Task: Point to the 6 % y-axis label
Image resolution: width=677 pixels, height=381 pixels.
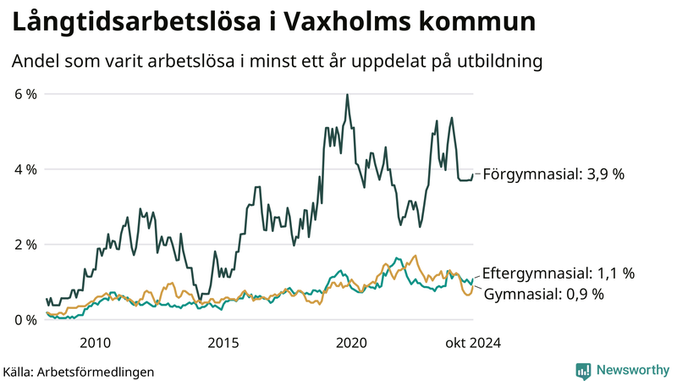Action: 25,94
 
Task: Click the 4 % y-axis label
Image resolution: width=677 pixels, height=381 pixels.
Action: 25,169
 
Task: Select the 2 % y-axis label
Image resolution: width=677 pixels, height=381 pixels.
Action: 25,245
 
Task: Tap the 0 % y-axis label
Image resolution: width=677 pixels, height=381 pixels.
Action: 25,320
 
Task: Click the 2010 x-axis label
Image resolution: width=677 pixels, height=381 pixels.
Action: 95,343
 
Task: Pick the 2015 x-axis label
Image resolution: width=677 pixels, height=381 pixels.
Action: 223,343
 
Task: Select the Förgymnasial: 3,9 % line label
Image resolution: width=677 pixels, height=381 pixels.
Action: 553,174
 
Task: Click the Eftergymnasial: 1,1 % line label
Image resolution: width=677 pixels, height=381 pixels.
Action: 559,273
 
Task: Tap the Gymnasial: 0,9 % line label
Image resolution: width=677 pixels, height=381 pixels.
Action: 543,294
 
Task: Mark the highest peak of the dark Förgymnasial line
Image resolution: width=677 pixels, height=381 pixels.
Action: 347,95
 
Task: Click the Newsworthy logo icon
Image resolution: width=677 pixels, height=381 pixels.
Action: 583,370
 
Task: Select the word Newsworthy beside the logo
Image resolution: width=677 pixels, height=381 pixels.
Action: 630,370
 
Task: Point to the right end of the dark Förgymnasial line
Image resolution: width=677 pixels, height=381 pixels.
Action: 473,175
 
